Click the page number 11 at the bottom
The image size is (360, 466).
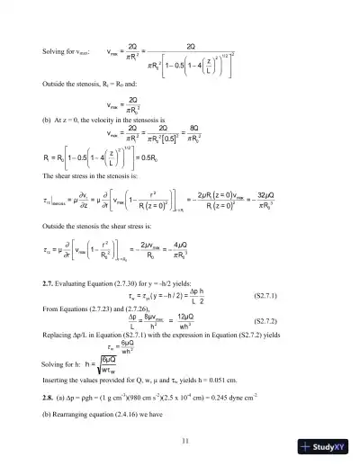(184, 439)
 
